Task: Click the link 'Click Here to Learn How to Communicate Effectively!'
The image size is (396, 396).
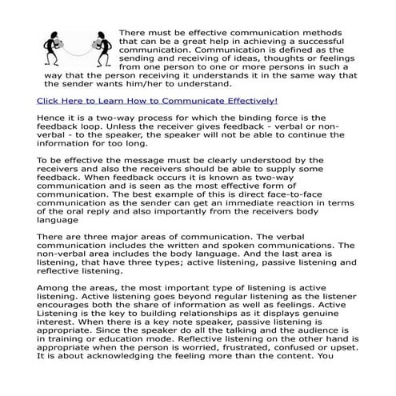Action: click(x=158, y=123)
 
